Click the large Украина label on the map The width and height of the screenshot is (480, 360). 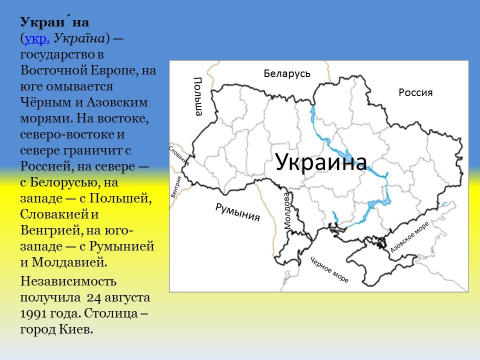point(321,162)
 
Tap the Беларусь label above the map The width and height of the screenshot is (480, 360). point(287,74)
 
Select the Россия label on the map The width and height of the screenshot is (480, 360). point(415,92)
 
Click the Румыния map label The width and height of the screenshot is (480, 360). point(238,212)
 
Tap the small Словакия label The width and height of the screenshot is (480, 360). point(179,155)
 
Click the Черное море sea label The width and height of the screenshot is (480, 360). point(329,270)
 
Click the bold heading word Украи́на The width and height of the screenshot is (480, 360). point(55,22)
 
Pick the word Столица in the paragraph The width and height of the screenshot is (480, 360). point(116,314)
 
